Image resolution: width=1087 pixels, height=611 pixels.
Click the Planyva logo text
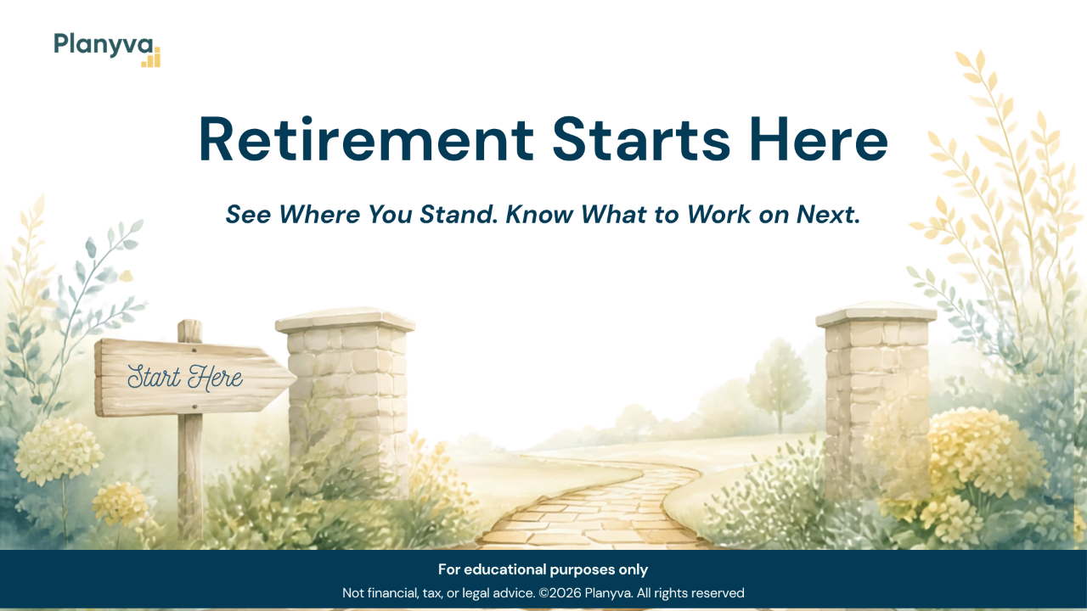pyautogui.click(x=104, y=45)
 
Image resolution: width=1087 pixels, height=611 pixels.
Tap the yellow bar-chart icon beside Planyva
pyautogui.click(x=151, y=57)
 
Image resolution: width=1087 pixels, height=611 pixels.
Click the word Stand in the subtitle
pyautogui.click(x=459, y=215)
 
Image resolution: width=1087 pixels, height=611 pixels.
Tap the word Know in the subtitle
pyautogui.click(x=539, y=215)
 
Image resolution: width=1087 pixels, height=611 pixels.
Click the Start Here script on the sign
pyautogui.click(x=185, y=378)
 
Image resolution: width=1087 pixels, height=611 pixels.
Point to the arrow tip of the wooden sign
pyautogui.click(x=296, y=376)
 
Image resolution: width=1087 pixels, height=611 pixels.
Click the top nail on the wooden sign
pyautogui.click(x=194, y=350)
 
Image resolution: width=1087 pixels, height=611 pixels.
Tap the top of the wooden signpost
pyautogui.click(x=189, y=322)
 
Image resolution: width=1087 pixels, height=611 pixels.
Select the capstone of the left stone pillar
pyautogui.click(x=345, y=320)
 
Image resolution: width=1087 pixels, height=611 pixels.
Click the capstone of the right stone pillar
pyautogui.click(x=876, y=314)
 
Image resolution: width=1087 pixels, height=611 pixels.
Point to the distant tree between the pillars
pyautogui.click(x=779, y=383)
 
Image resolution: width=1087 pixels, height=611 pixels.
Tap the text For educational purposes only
pyautogui.click(x=543, y=569)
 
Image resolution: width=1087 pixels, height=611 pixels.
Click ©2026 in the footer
pyautogui.click(x=560, y=593)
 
